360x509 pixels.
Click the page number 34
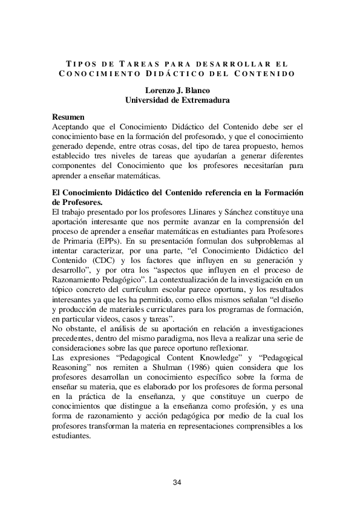coord(177,482)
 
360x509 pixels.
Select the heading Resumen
coord(68,117)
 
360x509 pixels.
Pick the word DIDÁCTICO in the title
coord(168,74)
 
